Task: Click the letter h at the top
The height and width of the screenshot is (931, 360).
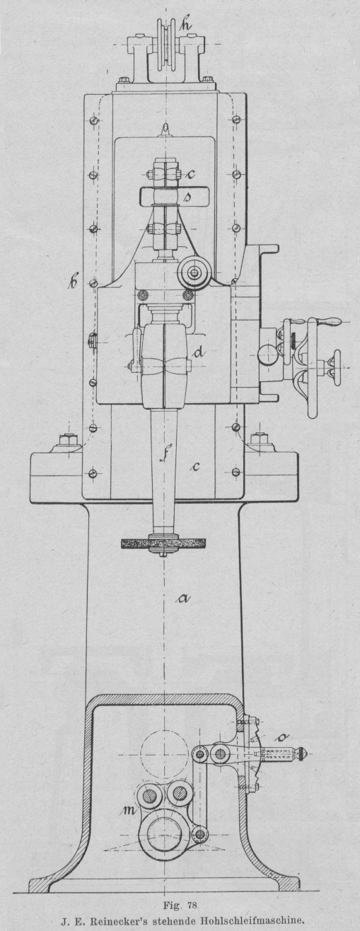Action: coord(185,25)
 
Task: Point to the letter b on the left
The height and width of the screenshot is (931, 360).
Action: coord(74,283)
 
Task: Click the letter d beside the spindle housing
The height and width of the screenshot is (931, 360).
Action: coord(199,352)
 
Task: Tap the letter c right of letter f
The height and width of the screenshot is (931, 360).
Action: coord(195,467)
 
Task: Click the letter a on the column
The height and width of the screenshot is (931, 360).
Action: coord(183,598)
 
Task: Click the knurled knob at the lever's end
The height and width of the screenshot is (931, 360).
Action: coord(302,753)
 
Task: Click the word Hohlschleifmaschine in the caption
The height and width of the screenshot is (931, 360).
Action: coord(250,923)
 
